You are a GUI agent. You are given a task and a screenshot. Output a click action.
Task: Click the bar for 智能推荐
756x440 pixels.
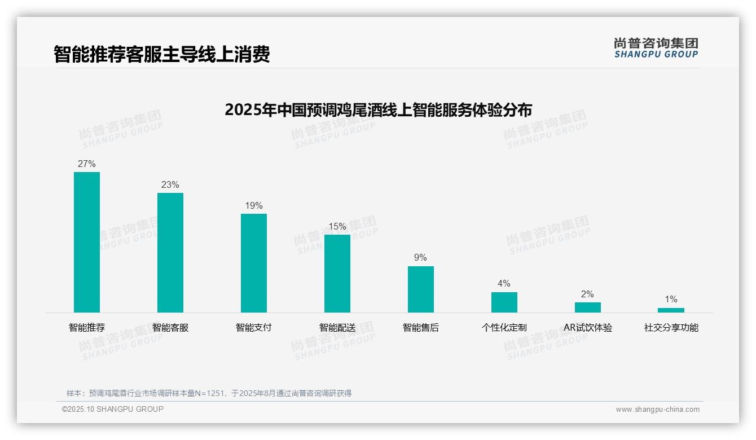(87, 242)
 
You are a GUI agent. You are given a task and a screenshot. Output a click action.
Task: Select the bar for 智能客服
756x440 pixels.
(170, 252)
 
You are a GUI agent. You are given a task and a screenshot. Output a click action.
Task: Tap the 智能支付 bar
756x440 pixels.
(254, 263)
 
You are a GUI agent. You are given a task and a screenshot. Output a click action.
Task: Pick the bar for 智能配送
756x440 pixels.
(337, 273)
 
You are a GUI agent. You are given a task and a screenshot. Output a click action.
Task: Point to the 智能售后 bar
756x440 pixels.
(421, 289)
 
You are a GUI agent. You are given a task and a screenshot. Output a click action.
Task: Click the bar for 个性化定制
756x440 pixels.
(504, 302)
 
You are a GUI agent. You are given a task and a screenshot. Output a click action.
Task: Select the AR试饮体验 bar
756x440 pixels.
(588, 307)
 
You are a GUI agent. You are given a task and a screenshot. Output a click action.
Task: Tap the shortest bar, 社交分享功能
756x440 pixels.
(671, 310)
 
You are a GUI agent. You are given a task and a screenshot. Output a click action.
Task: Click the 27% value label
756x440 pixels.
(87, 164)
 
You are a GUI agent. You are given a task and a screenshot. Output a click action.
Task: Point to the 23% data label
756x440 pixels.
(170, 185)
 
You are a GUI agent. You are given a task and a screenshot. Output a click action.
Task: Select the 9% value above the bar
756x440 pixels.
(421, 258)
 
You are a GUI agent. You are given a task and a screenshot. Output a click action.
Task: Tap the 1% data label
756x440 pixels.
(671, 300)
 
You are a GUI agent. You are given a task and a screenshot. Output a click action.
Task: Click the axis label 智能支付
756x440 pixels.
(254, 328)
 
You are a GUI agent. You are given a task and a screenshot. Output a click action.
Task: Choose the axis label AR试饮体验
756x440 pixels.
(588, 328)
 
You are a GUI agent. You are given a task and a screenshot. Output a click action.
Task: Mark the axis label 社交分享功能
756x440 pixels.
(671, 328)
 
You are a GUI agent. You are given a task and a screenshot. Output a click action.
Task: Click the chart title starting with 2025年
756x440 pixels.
(378, 109)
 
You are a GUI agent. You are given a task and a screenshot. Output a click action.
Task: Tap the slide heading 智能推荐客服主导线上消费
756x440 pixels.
(162, 54)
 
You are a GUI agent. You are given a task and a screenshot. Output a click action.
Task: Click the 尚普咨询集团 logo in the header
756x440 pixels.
(656, 48)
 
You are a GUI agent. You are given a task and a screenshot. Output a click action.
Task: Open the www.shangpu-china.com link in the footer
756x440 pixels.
(657, 410)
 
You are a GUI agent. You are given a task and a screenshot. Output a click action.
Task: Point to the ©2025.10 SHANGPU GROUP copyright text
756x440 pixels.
(113, 410)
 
